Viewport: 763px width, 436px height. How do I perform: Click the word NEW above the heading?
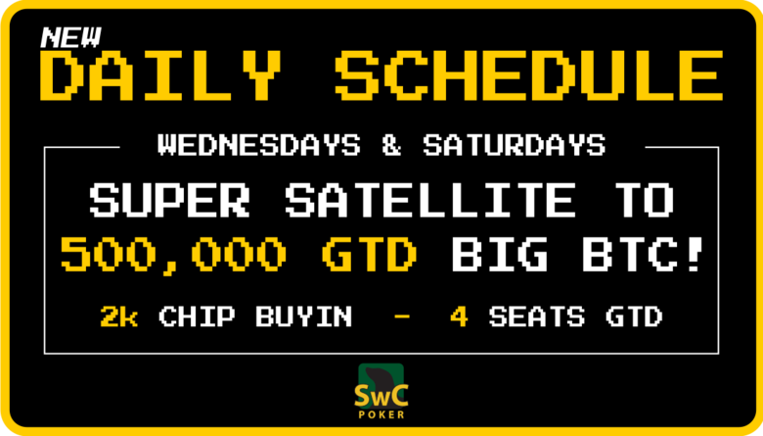[x=71, y=37]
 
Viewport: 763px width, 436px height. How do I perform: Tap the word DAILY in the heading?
[x=160, y=75]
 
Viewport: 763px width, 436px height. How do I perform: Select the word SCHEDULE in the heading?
[x=529, y=75]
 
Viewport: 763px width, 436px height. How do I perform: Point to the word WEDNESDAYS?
[x=259, y=145]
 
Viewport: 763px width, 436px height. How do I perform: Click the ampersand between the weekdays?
[x=391, y=145]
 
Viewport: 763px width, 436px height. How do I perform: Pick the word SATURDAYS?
[x=515, y=145]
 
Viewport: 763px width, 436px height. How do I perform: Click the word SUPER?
[x=169, y=200]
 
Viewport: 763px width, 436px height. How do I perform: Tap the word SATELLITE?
[x=430, y=200]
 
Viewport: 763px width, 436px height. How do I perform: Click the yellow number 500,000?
[x=174, y=255]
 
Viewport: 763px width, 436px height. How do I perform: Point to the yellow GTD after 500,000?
[x=370, y=254]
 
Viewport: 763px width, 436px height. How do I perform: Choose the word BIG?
[x=499, y=254]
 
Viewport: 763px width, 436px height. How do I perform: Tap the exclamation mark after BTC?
[x=696, y=254]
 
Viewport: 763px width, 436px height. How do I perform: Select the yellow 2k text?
[x=119, y=316]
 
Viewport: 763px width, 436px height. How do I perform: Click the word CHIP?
[x=197, y=316]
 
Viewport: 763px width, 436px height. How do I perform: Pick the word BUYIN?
[x=303, y=316]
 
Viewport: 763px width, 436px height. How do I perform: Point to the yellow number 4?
[x=460, y=316]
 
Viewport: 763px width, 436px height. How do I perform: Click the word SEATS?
[x=537, y=316]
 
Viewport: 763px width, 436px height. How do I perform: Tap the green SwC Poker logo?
[x=381, y=391]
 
